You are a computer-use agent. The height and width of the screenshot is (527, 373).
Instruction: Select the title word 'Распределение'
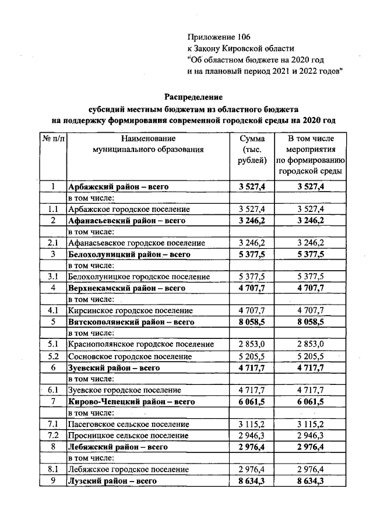(193, 96)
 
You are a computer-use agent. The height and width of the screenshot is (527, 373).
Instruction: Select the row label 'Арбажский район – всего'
(118, 187)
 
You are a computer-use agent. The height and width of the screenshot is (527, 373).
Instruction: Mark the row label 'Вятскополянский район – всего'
(131, 322)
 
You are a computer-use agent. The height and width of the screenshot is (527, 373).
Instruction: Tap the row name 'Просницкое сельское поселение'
(128, 436)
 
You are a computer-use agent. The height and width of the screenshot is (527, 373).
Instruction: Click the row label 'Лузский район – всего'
(112, 482)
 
